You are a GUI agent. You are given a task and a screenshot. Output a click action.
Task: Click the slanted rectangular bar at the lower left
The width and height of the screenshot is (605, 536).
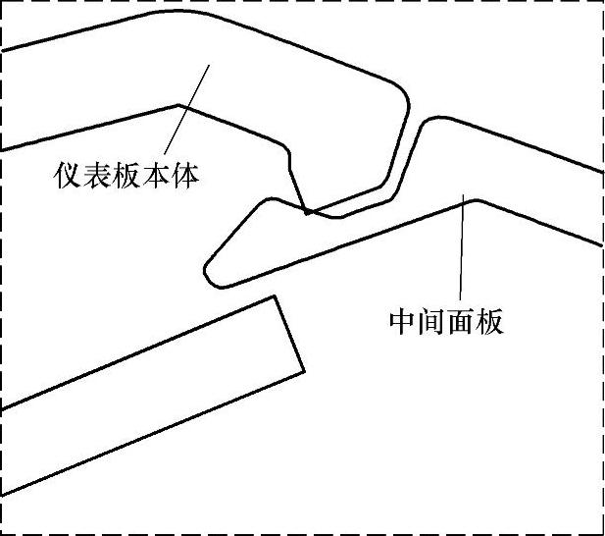point(147,393)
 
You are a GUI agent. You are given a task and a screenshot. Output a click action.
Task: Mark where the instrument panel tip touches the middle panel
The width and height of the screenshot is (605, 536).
point(308,211)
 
